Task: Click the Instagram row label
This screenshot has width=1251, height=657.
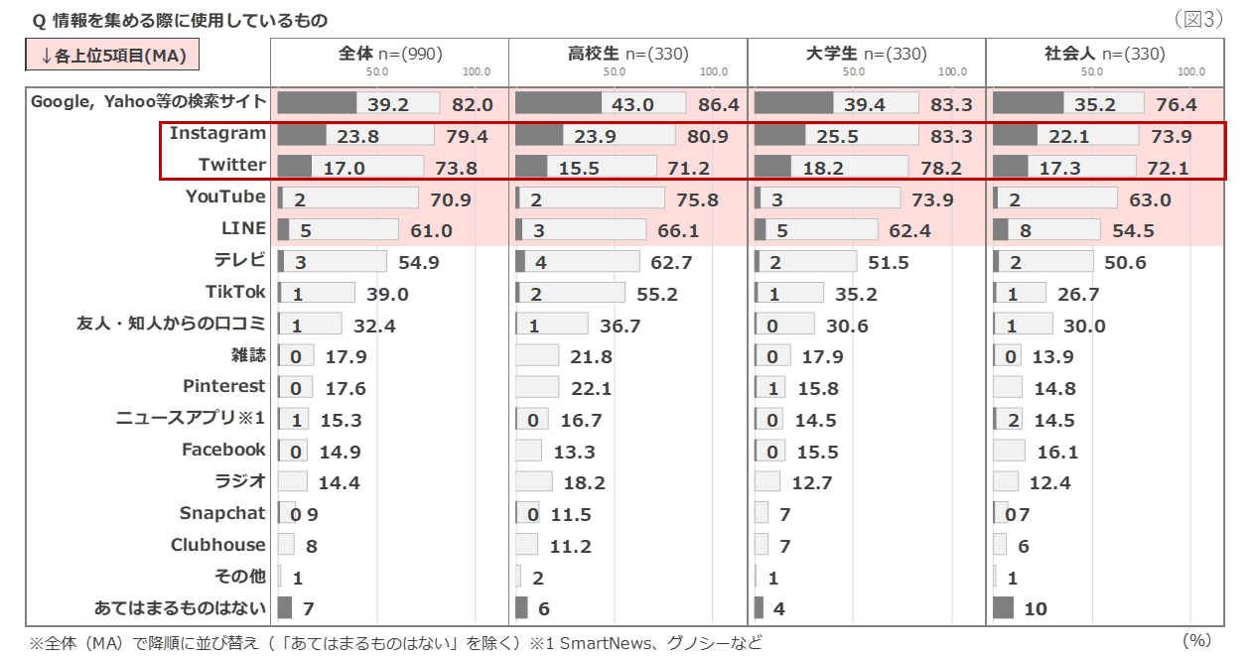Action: (x=217, y=134)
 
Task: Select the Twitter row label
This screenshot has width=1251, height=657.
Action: (x=232, y=166)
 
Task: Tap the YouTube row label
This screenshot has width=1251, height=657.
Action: (x=226, y=197)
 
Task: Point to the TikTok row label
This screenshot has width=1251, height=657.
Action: (x=236, y=292)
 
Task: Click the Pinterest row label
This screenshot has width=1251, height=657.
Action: (x=224, y=386)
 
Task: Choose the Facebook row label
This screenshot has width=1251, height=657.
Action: (x=223, y=450)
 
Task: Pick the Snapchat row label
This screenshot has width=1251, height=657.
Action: (x=223, y=513)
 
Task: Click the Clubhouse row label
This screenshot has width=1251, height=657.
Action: (x=218, y=545)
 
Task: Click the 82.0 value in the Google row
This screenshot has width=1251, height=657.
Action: (x=473, y=104)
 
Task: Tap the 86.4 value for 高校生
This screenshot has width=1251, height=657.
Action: (x=719, y=104)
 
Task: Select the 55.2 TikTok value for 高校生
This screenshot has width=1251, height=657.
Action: (x=657, y=295)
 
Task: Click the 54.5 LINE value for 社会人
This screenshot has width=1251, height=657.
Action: (x=1134, y=231)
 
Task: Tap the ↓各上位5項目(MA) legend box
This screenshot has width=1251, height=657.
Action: (x=112, y=56)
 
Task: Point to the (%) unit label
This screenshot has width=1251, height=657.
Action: (x=1199, y=641)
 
